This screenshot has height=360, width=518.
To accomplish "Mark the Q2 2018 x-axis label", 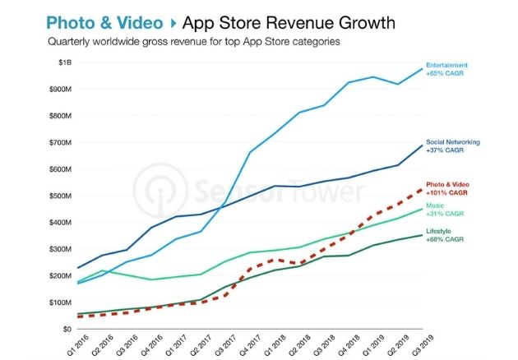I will (296, 345).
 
